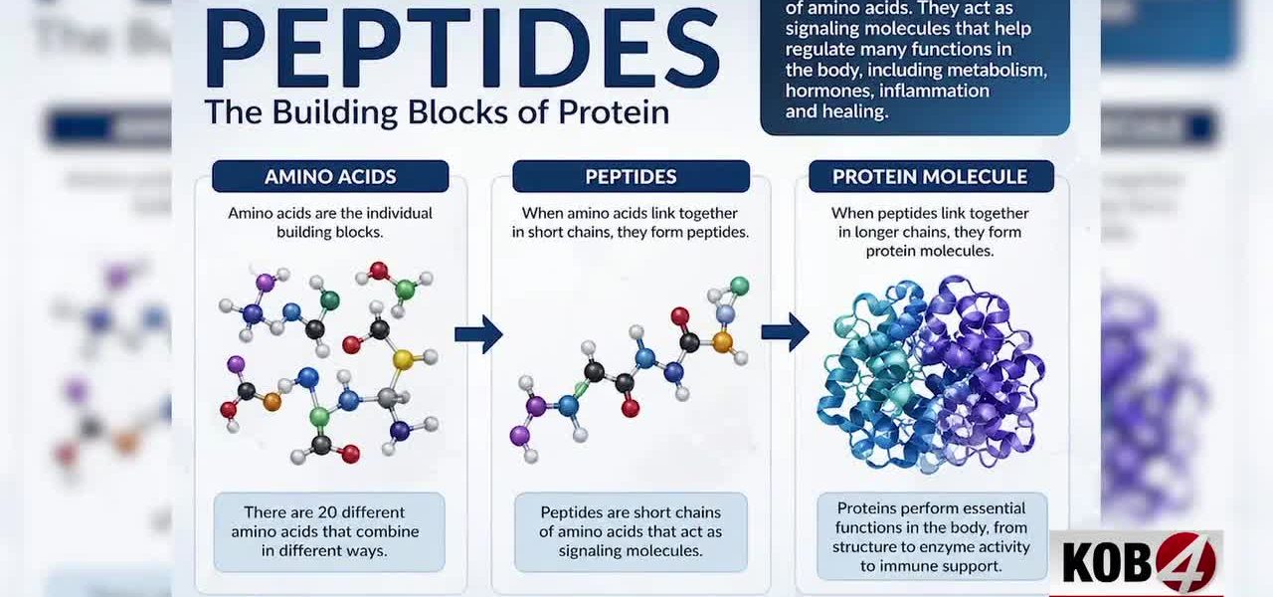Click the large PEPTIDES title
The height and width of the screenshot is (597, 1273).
(461, 48)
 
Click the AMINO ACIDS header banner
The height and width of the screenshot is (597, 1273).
(330, 177)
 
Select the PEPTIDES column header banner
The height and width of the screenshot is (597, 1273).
(631, 177)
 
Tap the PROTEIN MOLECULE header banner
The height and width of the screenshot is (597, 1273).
(929, 177)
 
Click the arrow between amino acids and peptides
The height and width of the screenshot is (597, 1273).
(478, 334)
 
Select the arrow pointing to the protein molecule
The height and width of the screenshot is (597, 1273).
(785, 332)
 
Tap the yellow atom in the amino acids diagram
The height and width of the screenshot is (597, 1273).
(402, 359)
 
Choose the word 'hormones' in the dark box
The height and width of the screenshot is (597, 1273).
(824, 91)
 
